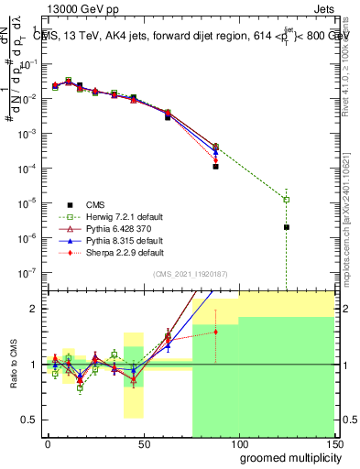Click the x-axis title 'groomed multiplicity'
(x=287, y=457)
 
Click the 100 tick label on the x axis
(x=238, y=444)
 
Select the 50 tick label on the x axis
(x=143, y=444)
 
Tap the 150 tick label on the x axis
(x=333, y=444)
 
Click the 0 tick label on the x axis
(x=48, y=444)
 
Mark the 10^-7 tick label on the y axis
(x=27, y=272)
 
